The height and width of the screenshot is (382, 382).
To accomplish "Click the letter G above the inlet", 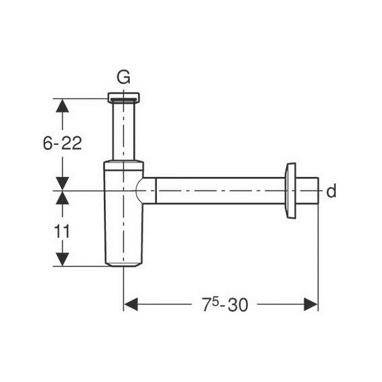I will tap(125, 77).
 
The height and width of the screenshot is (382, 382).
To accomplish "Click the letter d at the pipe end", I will tap(330, 192).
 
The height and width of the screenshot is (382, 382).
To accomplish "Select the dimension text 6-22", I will tap(62, 143).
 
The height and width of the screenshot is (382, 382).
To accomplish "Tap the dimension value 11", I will tap(62, 231).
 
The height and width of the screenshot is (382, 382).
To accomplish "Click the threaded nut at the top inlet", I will tap(124, 97).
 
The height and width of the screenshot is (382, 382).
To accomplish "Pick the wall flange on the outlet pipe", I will tap(291, 190).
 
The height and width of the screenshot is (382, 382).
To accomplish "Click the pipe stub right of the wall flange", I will tap(308, 192).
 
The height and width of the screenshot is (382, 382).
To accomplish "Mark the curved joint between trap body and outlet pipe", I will tap(143, 192).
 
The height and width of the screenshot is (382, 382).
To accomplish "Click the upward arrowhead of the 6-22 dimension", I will tap(62, 106).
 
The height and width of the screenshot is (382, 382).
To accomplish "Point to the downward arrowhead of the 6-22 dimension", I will tap(62, 183).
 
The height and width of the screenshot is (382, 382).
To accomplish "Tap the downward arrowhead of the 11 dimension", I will tap(62, 259).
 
